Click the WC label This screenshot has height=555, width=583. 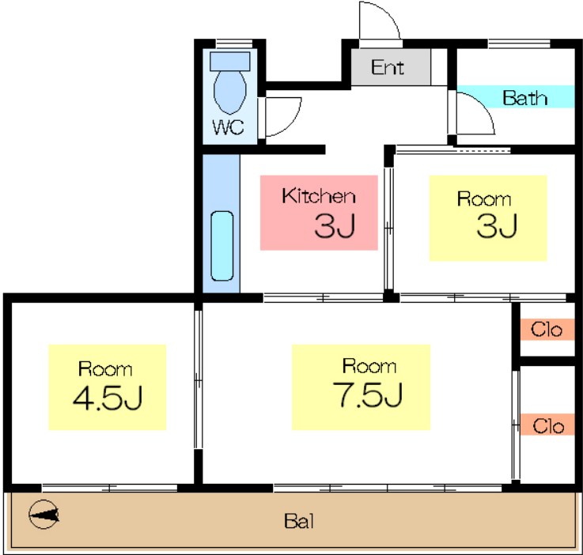pos(229,127)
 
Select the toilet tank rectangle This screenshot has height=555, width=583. pos(229,62)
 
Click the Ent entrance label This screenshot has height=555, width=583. pos(388,68)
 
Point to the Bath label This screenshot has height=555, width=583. pos(524,98)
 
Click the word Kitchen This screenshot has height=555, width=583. pos(319,196)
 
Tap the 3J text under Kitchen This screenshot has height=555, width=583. pos(335,225)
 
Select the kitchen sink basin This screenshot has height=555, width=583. pos(222,246)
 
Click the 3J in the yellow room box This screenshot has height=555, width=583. pos(497,225)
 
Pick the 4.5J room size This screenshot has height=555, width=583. pos(108,398)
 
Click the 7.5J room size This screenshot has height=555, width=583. pos(367,395)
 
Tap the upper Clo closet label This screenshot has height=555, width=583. pos(546,330)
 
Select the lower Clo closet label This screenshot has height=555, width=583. pos(548,426)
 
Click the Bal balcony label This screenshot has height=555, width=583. pos(299,521)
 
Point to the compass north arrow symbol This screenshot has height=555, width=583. pos(44,515)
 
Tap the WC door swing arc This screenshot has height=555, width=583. pos(290,123)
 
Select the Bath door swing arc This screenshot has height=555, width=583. pos(483,108)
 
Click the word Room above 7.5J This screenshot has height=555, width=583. pos(369,366)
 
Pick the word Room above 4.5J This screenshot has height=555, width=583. pos(105,369)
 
